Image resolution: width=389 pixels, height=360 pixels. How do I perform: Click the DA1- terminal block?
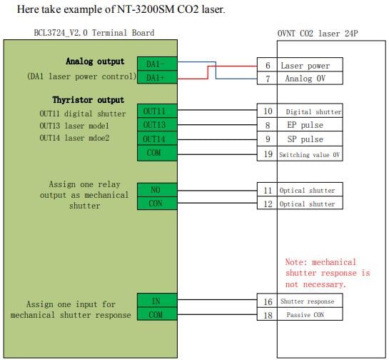click(x=157, y=64)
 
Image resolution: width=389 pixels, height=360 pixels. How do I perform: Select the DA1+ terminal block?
click(x=157, y=77)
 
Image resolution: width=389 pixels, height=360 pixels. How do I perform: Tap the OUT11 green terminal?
click(x=157, y=111)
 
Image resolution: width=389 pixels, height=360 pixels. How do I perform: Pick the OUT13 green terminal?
click(x=157, y=124)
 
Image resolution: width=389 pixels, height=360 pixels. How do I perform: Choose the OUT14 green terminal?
click(x=157, y=139)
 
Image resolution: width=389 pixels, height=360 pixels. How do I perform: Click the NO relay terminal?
click(x=157, y=190)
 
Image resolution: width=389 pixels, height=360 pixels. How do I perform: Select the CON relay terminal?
click(x=157, y=204)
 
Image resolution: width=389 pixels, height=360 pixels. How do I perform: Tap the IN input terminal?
click(x=157, y=301)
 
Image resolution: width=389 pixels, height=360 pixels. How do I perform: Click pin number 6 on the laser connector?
click(x=268, y=65)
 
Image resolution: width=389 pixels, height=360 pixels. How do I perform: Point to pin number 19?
click(x=268, y=154)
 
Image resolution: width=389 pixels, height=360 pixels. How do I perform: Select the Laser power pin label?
click(x=305, y=66)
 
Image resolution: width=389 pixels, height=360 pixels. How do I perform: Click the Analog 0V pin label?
click(x=305, y=79)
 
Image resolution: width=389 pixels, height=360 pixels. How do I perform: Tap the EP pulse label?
click(x=305, y=125)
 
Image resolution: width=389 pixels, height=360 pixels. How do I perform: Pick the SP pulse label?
click(x=305, y=139)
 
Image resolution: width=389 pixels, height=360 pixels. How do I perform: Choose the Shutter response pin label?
click(x=307, y=301)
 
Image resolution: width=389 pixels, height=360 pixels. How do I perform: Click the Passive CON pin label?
click(x=305, y=315)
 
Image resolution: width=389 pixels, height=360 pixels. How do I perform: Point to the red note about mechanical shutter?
click(x=328, y=273)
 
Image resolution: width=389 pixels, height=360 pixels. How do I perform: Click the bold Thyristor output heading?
click(x=88, y=100)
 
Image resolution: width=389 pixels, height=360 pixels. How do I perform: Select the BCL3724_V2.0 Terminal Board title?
click(x=94, y=33)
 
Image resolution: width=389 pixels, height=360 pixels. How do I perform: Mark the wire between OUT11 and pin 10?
click(x=217, y=110)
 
